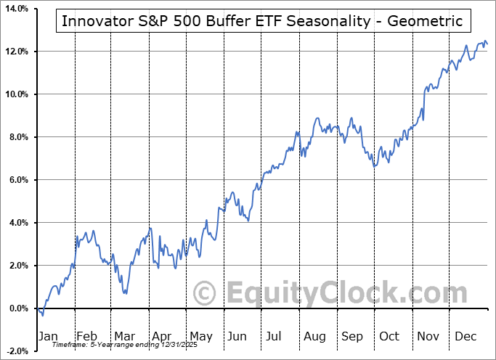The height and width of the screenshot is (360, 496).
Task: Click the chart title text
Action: pyautogui.click(x=262, y=20)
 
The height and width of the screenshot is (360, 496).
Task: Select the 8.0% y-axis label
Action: pyautogui.click(x=16, y=137)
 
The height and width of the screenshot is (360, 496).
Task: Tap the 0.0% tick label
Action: pyautogui.click(x=16, y=308)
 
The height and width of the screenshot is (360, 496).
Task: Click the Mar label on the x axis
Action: pyautogui.click(x=124, y=337)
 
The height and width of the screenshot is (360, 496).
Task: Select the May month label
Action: pyautogui.click(x=200, y=337)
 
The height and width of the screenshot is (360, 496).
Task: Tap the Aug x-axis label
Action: pyautogui.click(x=314, y=337)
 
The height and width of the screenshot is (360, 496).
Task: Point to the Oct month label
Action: pyautogui.click(x=390, y=337)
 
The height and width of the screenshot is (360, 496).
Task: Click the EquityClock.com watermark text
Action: pyautogui.click(x=338, y=294)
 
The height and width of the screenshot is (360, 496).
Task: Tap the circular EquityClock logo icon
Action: pyautogui.click(x=206, y=294)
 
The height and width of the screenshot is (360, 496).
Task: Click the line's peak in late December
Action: pyautogui.click(x=484, y=41)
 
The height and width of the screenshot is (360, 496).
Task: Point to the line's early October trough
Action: pyautogui.click(x=375, y=167)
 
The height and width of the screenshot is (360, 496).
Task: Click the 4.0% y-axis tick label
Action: pyautogui.click(x=16, y=223)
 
